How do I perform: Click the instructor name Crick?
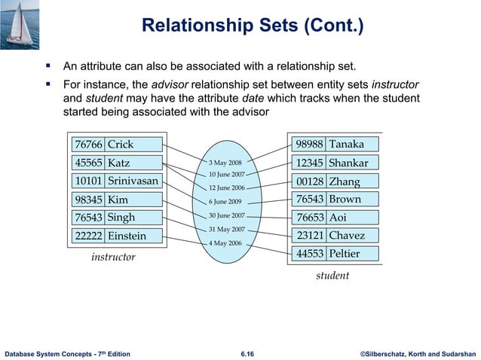click(120, 145)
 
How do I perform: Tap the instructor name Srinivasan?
click(133, 182)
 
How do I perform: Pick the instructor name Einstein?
click(127, 236)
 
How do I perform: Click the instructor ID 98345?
click(88, 200)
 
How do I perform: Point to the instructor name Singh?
click(121, 218)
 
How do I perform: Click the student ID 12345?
click(310, 163)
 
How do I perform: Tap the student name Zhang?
click(344, 182)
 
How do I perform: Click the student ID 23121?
click(310, 236)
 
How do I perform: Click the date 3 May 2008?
click(225, 163)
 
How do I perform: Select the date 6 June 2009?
click(225, 202)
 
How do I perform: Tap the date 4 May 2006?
click(225, 243)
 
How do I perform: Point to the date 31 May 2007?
click(227, 229)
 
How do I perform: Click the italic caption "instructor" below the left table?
click(113, 258)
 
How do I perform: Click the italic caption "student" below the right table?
click(332, 276)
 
